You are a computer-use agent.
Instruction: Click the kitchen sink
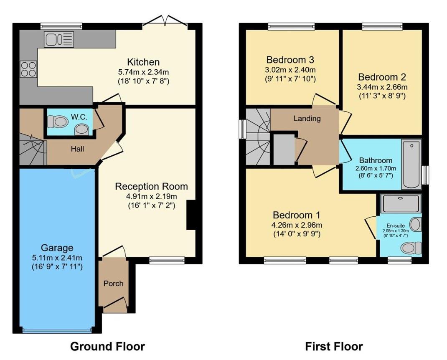click(x=58, y=39)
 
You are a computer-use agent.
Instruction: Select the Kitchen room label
click(x=143, y=62)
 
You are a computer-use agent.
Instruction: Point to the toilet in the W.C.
click(x=58, y=122)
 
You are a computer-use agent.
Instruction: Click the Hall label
click(x=77, y=148)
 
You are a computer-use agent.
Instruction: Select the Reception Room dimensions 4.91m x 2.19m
click(x=151, y=196)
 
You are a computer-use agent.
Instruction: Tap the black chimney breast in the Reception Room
click(x=191, y=215)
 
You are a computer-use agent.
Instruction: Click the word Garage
click(x=57, y=248)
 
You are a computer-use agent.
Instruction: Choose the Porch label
click(x=113, y=284)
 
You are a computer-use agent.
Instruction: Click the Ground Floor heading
click(x=107, y=346)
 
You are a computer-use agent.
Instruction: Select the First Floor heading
click(x=334, y=346)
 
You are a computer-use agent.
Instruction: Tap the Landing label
click(x=307, y=119)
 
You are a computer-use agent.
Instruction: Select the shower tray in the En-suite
click(x=401, y=203)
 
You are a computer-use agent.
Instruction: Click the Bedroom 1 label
click(x=297, y=215)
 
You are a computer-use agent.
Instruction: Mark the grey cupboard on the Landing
click(x=284, y=149)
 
